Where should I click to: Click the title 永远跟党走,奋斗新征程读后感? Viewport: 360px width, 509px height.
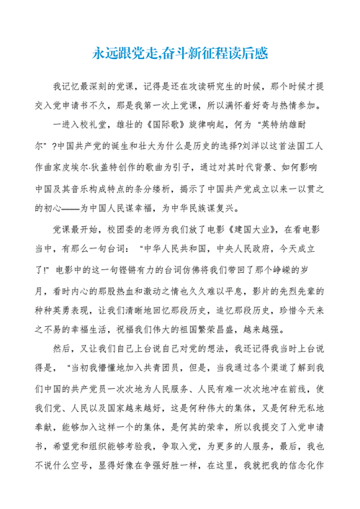coord(180,53)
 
